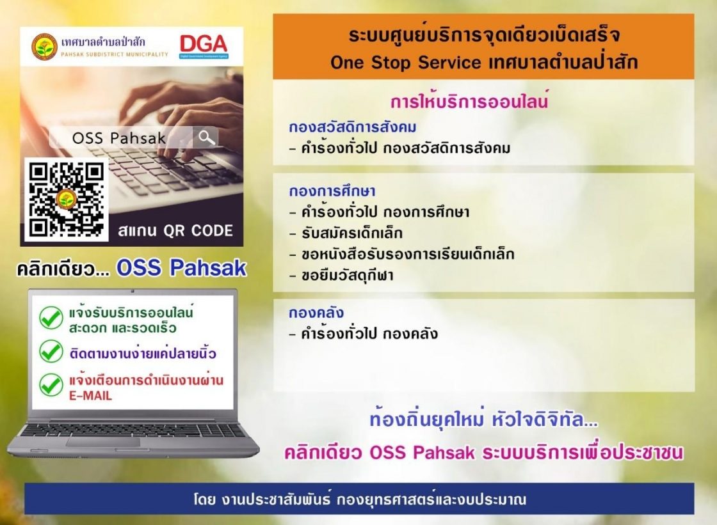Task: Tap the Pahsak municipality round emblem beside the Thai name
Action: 44,47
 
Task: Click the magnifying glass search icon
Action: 206,137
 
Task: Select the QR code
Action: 67,200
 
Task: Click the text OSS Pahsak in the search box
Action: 119,138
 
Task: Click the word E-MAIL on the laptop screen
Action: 90,396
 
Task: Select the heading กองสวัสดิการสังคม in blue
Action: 353,127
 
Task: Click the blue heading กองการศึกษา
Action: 332,191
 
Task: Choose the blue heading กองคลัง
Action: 316,313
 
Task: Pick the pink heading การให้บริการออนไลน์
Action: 469,101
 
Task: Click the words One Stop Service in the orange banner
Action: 406,62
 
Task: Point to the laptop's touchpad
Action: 103,442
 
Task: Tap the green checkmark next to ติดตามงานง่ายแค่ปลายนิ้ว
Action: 51,351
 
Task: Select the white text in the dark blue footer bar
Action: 359,499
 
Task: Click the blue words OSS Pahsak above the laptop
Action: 182,268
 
